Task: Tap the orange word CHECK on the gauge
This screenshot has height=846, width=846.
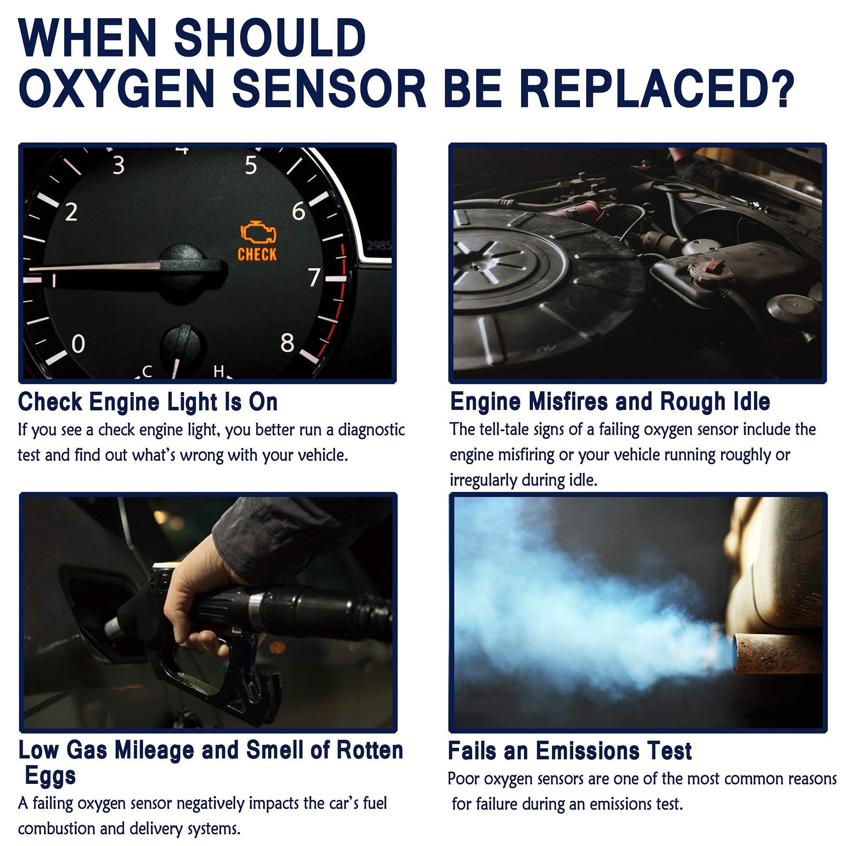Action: (x=257, y=254)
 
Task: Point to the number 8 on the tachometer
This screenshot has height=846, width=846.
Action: (x=287, y=343)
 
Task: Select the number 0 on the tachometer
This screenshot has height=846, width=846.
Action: (x=78, y=344)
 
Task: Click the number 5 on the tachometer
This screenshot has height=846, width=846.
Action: (x=251, y=165)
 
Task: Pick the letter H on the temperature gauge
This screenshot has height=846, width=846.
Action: (x=219, y=371)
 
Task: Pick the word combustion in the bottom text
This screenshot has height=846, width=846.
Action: (x=57, y=829)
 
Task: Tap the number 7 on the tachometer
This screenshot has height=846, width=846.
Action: (x=314, y=277)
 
